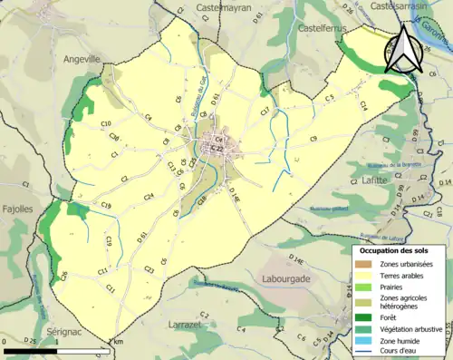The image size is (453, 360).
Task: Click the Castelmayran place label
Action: click(214, 8)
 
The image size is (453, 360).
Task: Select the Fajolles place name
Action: click(17, 209)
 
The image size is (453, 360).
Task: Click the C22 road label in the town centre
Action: click(216, 149)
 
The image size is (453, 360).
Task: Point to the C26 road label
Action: click(64, 275)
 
